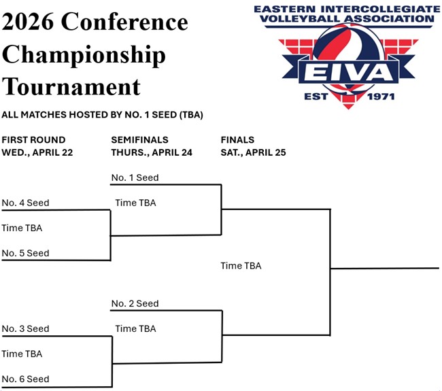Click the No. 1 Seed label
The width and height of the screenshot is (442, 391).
[x=135, y=177]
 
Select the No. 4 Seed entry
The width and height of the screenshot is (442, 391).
[x=26, y=203]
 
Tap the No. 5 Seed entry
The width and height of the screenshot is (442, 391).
[x=26, y=253]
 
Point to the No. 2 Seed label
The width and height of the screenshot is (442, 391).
[x=135, y=303]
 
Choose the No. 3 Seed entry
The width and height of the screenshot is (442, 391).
[x=26, y=328]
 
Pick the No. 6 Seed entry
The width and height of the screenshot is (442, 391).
[x=26, y=379]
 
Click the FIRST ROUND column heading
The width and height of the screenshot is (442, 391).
[x=33, y=139]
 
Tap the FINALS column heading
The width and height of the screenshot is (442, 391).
[x=237, y=139]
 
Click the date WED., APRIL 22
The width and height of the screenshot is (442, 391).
[x=37, y=152]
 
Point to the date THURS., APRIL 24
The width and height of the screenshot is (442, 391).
[x=152, y=152]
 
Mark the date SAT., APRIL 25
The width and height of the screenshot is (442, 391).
[x=254, y=152]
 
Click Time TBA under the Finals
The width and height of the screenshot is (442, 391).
[x=241, y=266]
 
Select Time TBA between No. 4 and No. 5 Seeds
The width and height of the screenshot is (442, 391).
[x=22, y=228]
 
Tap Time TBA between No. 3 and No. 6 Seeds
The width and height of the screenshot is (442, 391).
[x=22, y=354]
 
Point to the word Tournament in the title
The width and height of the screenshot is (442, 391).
[x=71, y=87]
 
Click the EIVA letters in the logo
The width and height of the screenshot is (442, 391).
[x=349, y=73]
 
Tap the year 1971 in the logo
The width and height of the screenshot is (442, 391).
[x=380, y=97]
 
